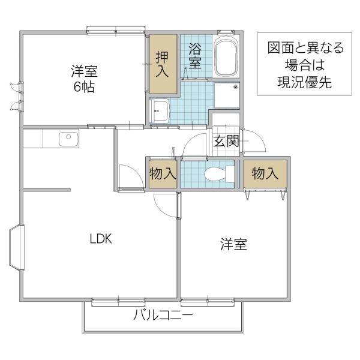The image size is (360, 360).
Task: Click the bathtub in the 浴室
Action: (227, 56)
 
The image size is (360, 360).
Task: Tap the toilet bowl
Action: (217, 175)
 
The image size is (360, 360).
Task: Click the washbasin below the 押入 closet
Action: (160, 110)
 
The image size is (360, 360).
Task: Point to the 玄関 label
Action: (227, 142)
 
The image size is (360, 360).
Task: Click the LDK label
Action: (101, 238)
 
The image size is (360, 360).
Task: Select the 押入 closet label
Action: (163, 65)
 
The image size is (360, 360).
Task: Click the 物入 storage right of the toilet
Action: (265, 173)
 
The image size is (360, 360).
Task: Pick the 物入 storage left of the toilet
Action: (162, 174)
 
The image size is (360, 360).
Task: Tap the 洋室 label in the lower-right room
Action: (233, 244)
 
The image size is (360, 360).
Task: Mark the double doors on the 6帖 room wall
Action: (16, 96)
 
